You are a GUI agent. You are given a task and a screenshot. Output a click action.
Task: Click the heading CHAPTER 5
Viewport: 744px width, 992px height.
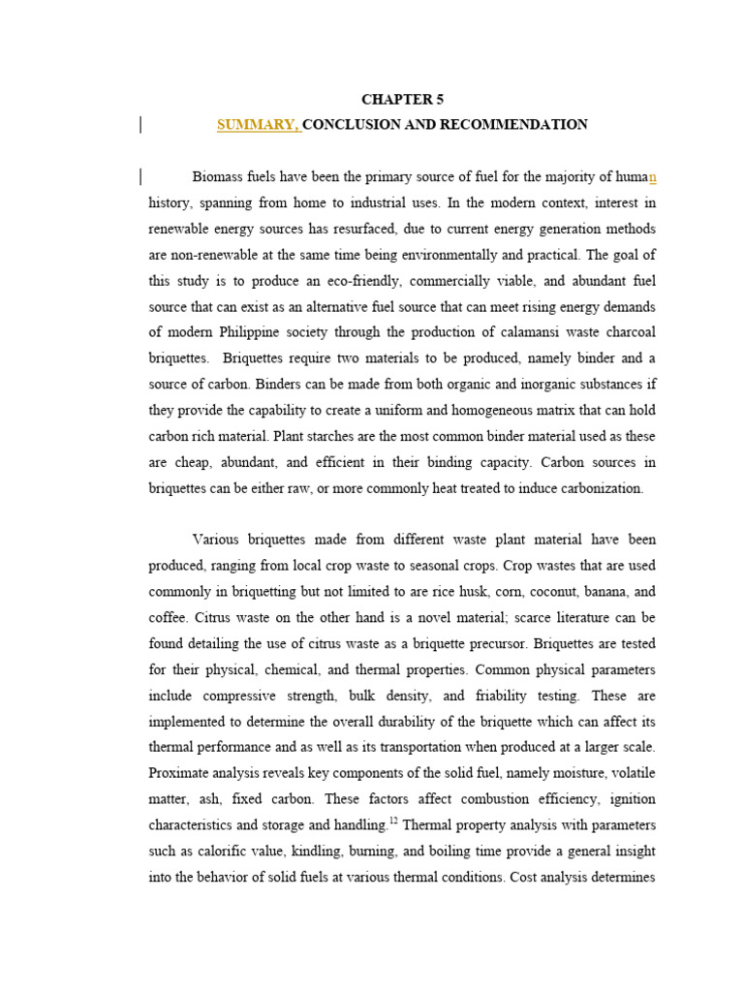click(402, 100)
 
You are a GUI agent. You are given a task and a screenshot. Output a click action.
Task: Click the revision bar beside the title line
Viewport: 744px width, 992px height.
click(141, 125)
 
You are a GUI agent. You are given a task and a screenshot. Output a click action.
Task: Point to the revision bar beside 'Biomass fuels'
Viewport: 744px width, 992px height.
click(141, 176)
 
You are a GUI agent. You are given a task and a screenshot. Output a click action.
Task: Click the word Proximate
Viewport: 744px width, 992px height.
click(180, 773)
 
